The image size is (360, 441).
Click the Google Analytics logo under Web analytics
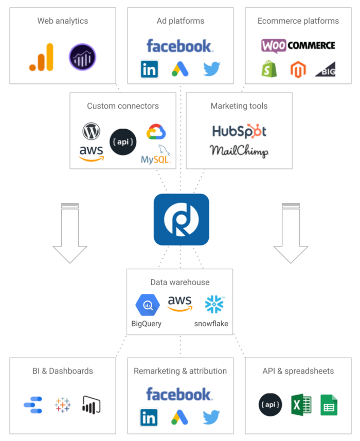pyautogui.click(x=42, y=57)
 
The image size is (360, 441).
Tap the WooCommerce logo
pyautogui.click(x=298, y=46)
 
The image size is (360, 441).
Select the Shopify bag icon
pyautogui.click(x=269, y=69)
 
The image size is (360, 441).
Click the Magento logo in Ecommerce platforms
pyautogui.click(x=298, y=69)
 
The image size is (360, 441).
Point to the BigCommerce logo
pyautogui.click(x=326, y=69)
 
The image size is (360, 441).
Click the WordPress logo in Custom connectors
pyautogui.click(x=92, y=131)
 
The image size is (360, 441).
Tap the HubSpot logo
pyautogui.click(x=239, y=131)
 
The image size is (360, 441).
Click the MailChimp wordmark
pyautogui.click(x=239, y=151)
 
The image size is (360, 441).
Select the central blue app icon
pyautogui.click(x=181, y=219)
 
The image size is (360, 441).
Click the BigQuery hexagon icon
pyautogui.click(x=148, y=305)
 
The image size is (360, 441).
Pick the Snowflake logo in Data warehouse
pyautogui.click(x=214, y=304)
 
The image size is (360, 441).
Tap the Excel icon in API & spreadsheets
pyautogui.click(x=301, y=404)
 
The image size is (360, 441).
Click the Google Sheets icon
pyautogui.click(x=329, y=405)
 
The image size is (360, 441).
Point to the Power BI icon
pyautogui.click(x=92, y=405)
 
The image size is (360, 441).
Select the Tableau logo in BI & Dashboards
pyautogui.click(x=63, y=405)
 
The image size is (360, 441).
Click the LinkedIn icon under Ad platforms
pyautogui.click(x=150, y=69)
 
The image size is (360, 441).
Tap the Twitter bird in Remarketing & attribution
pyautogui.click(x=211, y=417)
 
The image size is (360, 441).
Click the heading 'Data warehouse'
pyautogui.click(x=180, y=282)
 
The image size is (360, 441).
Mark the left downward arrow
pyautogui.click(x=70, y=233)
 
